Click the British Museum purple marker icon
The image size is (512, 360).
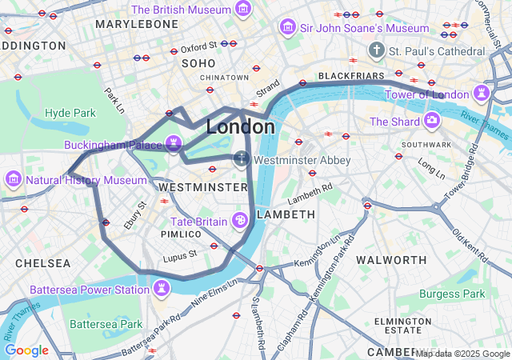(x=243, y=10)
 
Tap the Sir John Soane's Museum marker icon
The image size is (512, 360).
(x=286, y=28)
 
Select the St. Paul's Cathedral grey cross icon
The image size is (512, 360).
(x=376, y=51)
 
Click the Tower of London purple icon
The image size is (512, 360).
(x=481, y=95)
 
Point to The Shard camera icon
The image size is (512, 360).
(x=432, y=121)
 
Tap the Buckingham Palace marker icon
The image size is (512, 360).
(x=174, y=146)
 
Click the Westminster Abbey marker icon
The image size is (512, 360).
(x=242, y=160)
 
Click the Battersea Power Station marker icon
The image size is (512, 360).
(x=163, y=288)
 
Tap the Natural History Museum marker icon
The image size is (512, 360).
(x=14, y=180)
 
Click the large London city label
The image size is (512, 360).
(x=240, y=127)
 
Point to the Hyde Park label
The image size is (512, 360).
(x=70, y=113)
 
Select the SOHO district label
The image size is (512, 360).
(x=198, y=62)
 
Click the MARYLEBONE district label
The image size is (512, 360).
(x=137, y=25)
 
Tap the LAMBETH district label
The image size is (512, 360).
(x=286, y=214)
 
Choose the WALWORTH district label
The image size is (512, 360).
(x=391, y=260)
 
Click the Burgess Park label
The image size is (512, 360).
(x=452, y=294)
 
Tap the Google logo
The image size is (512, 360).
(x=26, y=350)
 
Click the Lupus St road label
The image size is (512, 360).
(x=179, y=255)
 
